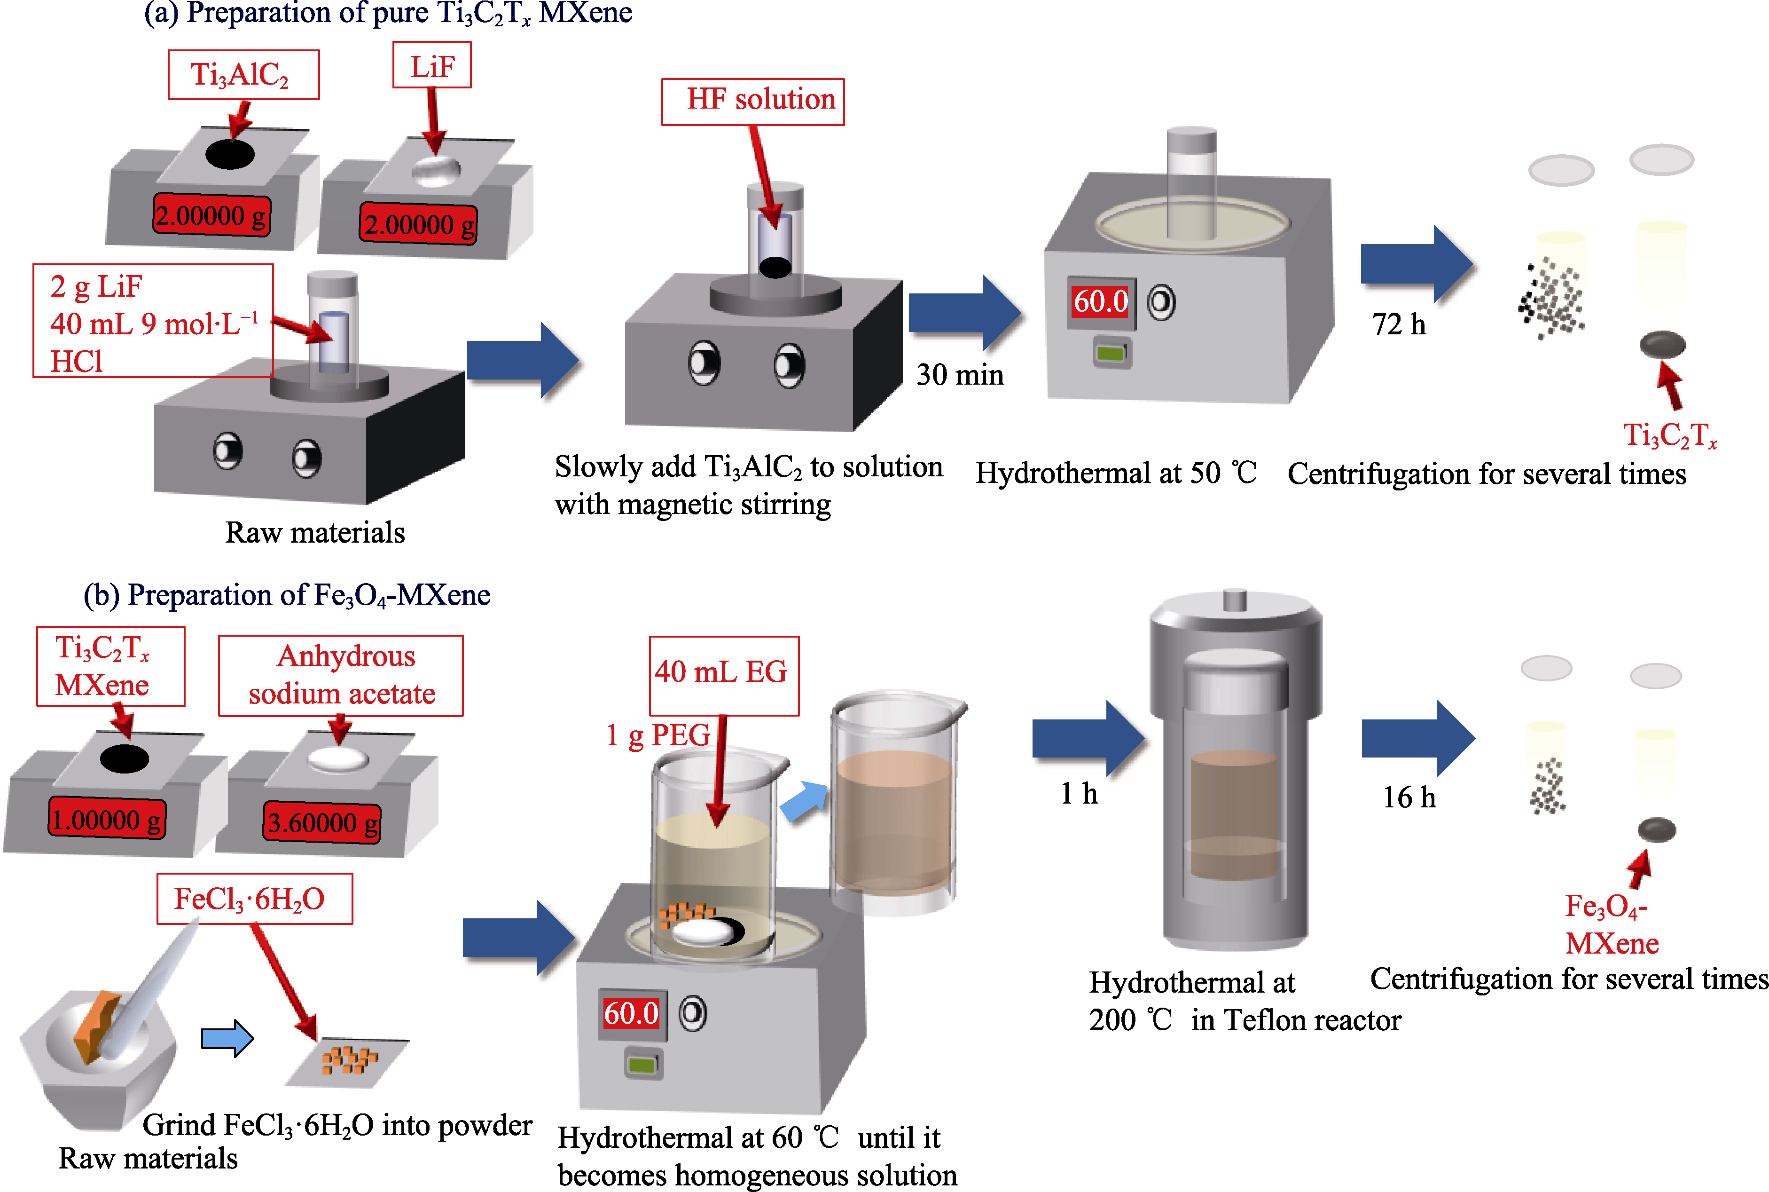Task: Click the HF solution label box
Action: click(x=752, y=101)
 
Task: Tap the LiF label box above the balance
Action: click(x=431, y=65)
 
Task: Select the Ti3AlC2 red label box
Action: click(x=243, y=74)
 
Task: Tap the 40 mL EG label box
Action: click(x=723, y=674)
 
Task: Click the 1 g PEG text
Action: click(x=658, y=735)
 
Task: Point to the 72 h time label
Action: click(x=1398, y=324)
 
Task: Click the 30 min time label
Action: click(x=960, y=375)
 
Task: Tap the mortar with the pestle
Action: click(x=99, y=1049)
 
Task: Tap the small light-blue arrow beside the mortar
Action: click(x=227, y=1038)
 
